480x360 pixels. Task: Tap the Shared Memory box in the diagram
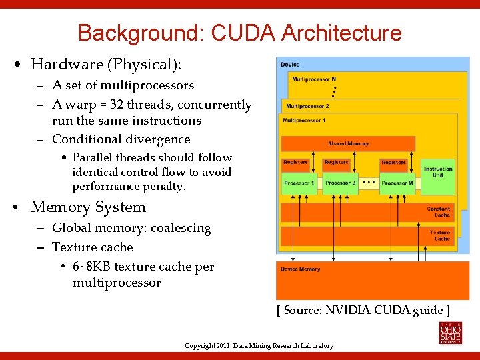point(348,144)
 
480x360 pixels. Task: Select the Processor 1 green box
point(299,183)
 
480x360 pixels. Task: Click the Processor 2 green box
point(340,183)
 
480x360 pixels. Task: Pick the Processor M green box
point(397,183)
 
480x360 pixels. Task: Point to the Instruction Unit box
point(438,172)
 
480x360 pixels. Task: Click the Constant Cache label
point(439,212)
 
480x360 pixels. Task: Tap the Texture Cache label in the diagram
point(440,235)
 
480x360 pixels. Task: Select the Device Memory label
point(300,269)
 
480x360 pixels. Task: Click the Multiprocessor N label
point(313,79)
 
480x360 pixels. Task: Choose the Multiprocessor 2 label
point(307,106)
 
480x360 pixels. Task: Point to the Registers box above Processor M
point(393,163)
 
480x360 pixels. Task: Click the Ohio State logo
point(450,331)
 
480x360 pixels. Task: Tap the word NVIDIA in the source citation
point(348,309)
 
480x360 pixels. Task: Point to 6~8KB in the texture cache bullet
point(91,267)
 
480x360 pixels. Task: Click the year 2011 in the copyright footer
point(222,346)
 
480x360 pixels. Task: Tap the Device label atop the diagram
point(290,65)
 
